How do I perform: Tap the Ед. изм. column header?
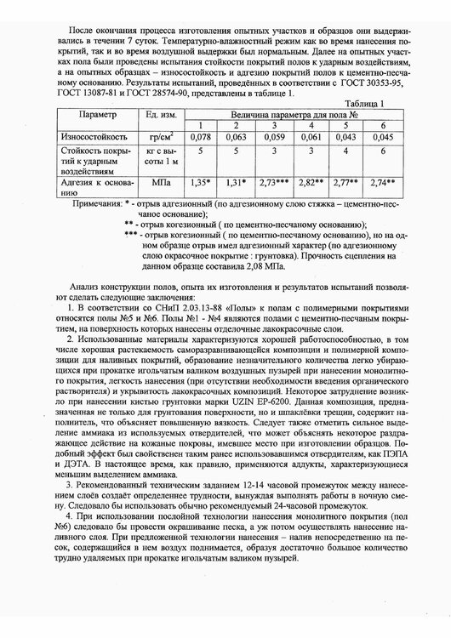click(159, 114)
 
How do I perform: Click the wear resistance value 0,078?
click(201, 136)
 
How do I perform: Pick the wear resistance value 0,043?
click(345, 136)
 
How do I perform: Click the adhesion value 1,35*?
click(201, 182)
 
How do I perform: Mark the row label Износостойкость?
click(93, 136)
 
